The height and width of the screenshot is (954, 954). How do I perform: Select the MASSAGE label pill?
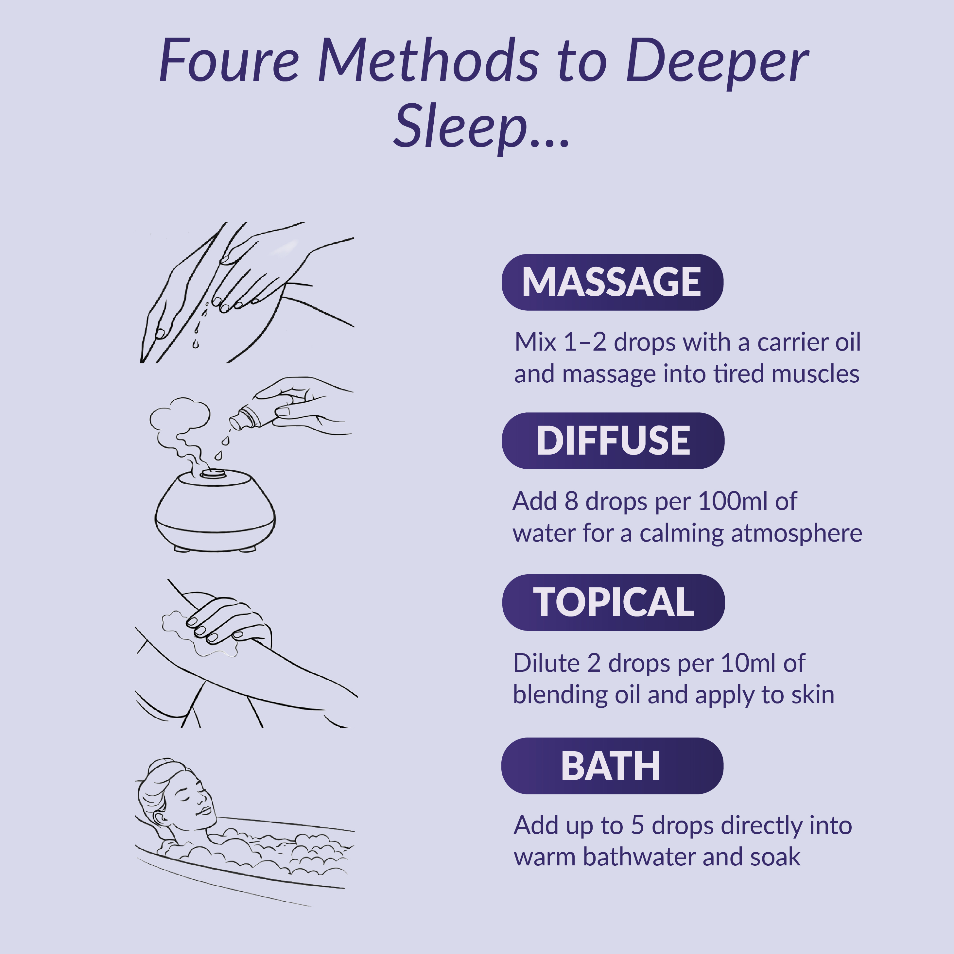coord(612,282)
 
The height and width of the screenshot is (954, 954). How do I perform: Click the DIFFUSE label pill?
coord(613,441)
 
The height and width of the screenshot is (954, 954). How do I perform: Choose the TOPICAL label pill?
coord(613,602)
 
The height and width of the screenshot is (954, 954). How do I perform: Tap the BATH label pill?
coord(612,766)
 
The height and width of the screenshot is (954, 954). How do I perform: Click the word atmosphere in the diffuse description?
coord(796,533)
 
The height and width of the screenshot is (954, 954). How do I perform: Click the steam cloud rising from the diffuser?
coord(180,418)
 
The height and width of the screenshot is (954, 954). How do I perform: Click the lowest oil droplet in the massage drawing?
coord(196,344)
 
